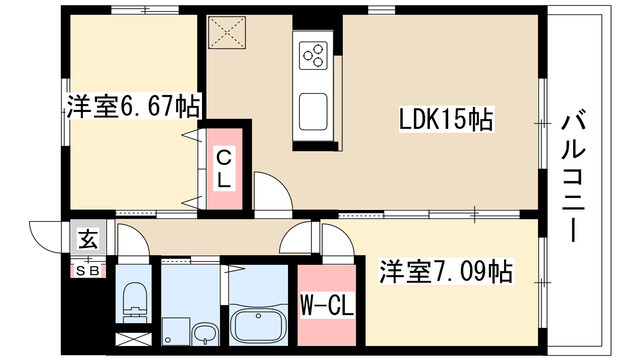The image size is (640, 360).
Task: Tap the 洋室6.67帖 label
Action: (133, 105)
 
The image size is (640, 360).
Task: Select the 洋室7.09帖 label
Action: (446, 270)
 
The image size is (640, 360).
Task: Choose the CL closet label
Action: (225, 170)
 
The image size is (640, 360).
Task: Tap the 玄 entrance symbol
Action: (88, 240)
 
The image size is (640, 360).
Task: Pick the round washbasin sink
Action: (205, 332)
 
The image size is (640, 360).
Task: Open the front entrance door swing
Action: (48, 236)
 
